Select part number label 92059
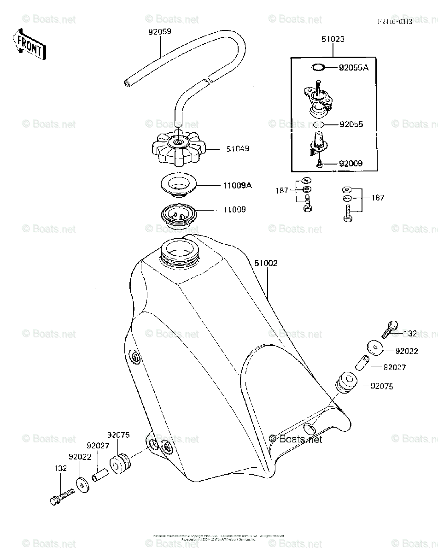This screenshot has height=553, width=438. pos(159,32)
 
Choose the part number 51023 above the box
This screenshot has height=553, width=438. pos(333,40)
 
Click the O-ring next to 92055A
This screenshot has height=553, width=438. pos(318,68)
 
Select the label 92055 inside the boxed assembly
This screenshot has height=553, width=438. pos(351,124)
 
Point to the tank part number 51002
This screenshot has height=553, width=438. pos(266,263)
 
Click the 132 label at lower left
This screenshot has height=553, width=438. pos(61,468)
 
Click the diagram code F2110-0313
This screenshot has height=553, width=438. pos(394,22)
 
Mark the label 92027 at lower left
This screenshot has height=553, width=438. pos(97,446)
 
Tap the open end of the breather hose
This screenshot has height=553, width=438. pos(127,83)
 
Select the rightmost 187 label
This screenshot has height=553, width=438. pos(377,198)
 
